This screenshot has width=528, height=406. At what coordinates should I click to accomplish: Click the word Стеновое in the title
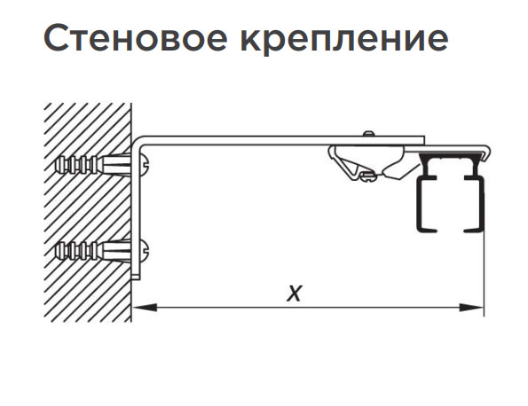136,37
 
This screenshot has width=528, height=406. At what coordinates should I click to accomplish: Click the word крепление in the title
344,40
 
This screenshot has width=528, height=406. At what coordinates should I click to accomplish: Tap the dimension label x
295,293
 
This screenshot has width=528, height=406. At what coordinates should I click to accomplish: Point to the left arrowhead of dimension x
145,307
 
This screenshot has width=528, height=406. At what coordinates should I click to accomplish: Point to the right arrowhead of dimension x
471,307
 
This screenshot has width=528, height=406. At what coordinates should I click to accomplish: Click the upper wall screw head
145,163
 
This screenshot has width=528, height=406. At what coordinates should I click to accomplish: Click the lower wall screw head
145,250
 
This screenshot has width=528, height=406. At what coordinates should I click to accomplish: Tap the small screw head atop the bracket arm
369,134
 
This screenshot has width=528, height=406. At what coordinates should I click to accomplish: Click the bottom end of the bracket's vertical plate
136,277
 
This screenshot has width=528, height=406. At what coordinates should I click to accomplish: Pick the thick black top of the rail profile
451,155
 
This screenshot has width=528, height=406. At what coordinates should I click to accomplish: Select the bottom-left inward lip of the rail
428,230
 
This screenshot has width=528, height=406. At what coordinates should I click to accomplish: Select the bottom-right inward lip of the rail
474,230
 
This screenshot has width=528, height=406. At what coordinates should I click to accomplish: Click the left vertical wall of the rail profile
419,204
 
